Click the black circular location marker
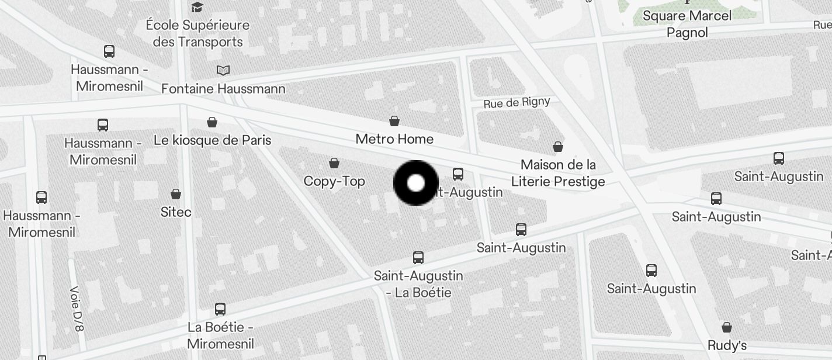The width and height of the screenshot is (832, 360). pos(415,183)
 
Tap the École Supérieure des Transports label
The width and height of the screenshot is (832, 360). pos(197,33)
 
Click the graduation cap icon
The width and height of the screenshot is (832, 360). pos(197,7)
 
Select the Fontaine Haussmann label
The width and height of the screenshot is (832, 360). pos(223,89)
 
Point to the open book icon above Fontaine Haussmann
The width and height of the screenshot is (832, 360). pos(223,70)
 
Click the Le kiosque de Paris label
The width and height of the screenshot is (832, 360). pos(213,140)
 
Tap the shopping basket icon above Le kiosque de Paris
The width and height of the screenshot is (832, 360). pos(212,122)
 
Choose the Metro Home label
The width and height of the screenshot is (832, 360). pos(394,139)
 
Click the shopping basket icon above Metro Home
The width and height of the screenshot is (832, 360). pos(394,121)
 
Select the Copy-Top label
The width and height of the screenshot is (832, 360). pos(334,181)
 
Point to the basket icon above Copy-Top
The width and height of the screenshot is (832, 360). pos(334,162)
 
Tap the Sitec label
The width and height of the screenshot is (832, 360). pos(176,212)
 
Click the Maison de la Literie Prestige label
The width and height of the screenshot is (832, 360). pos(558,173)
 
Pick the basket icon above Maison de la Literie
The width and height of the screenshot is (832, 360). pos(558,146)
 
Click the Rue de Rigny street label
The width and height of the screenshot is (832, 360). pos(516,103)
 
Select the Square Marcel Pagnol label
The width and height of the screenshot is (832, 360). pos(687,24)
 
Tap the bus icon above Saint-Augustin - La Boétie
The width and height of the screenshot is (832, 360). pos(418,257)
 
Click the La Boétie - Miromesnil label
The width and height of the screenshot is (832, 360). pos(220,335)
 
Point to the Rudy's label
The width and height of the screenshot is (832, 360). pos(727,345)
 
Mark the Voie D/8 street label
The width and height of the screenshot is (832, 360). pos(77,308)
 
